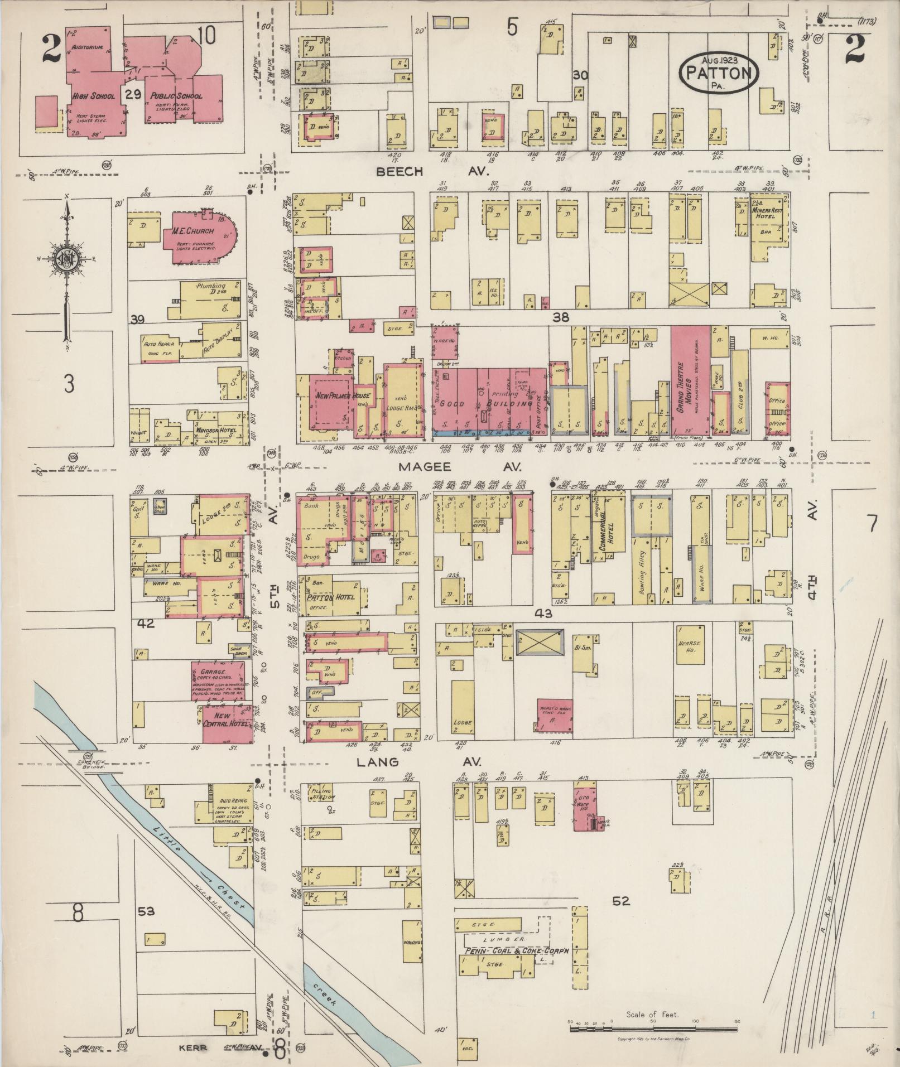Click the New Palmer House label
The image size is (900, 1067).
(333, 395)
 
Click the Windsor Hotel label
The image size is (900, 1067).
(215, 430)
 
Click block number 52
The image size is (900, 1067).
(620, 900)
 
